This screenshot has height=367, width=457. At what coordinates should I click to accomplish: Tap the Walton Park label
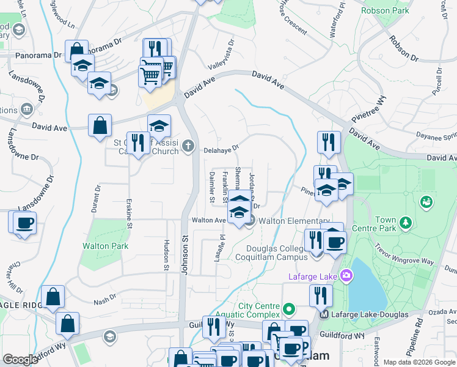106,247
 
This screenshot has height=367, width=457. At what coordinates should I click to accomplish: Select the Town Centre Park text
386,224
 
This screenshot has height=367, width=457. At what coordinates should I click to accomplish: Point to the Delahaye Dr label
221,147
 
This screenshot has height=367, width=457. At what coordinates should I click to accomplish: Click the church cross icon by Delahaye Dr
188,146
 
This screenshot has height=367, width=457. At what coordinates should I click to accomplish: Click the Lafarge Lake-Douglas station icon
324,314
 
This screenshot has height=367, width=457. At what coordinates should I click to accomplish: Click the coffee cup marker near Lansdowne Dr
24,223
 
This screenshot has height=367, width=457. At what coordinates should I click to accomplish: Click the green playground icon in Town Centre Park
426,201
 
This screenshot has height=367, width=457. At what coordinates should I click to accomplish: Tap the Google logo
21,360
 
